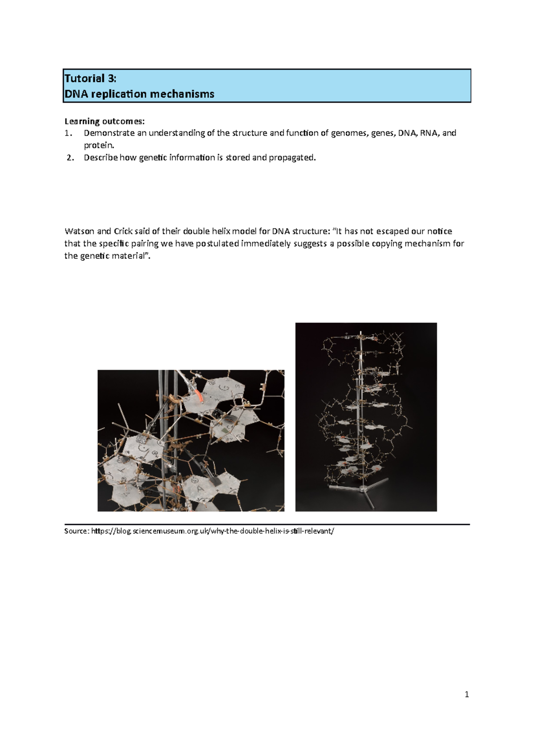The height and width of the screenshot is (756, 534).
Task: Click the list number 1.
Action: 68,133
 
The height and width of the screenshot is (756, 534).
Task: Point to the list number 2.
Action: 70,158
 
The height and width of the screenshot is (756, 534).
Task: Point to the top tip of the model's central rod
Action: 360,331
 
